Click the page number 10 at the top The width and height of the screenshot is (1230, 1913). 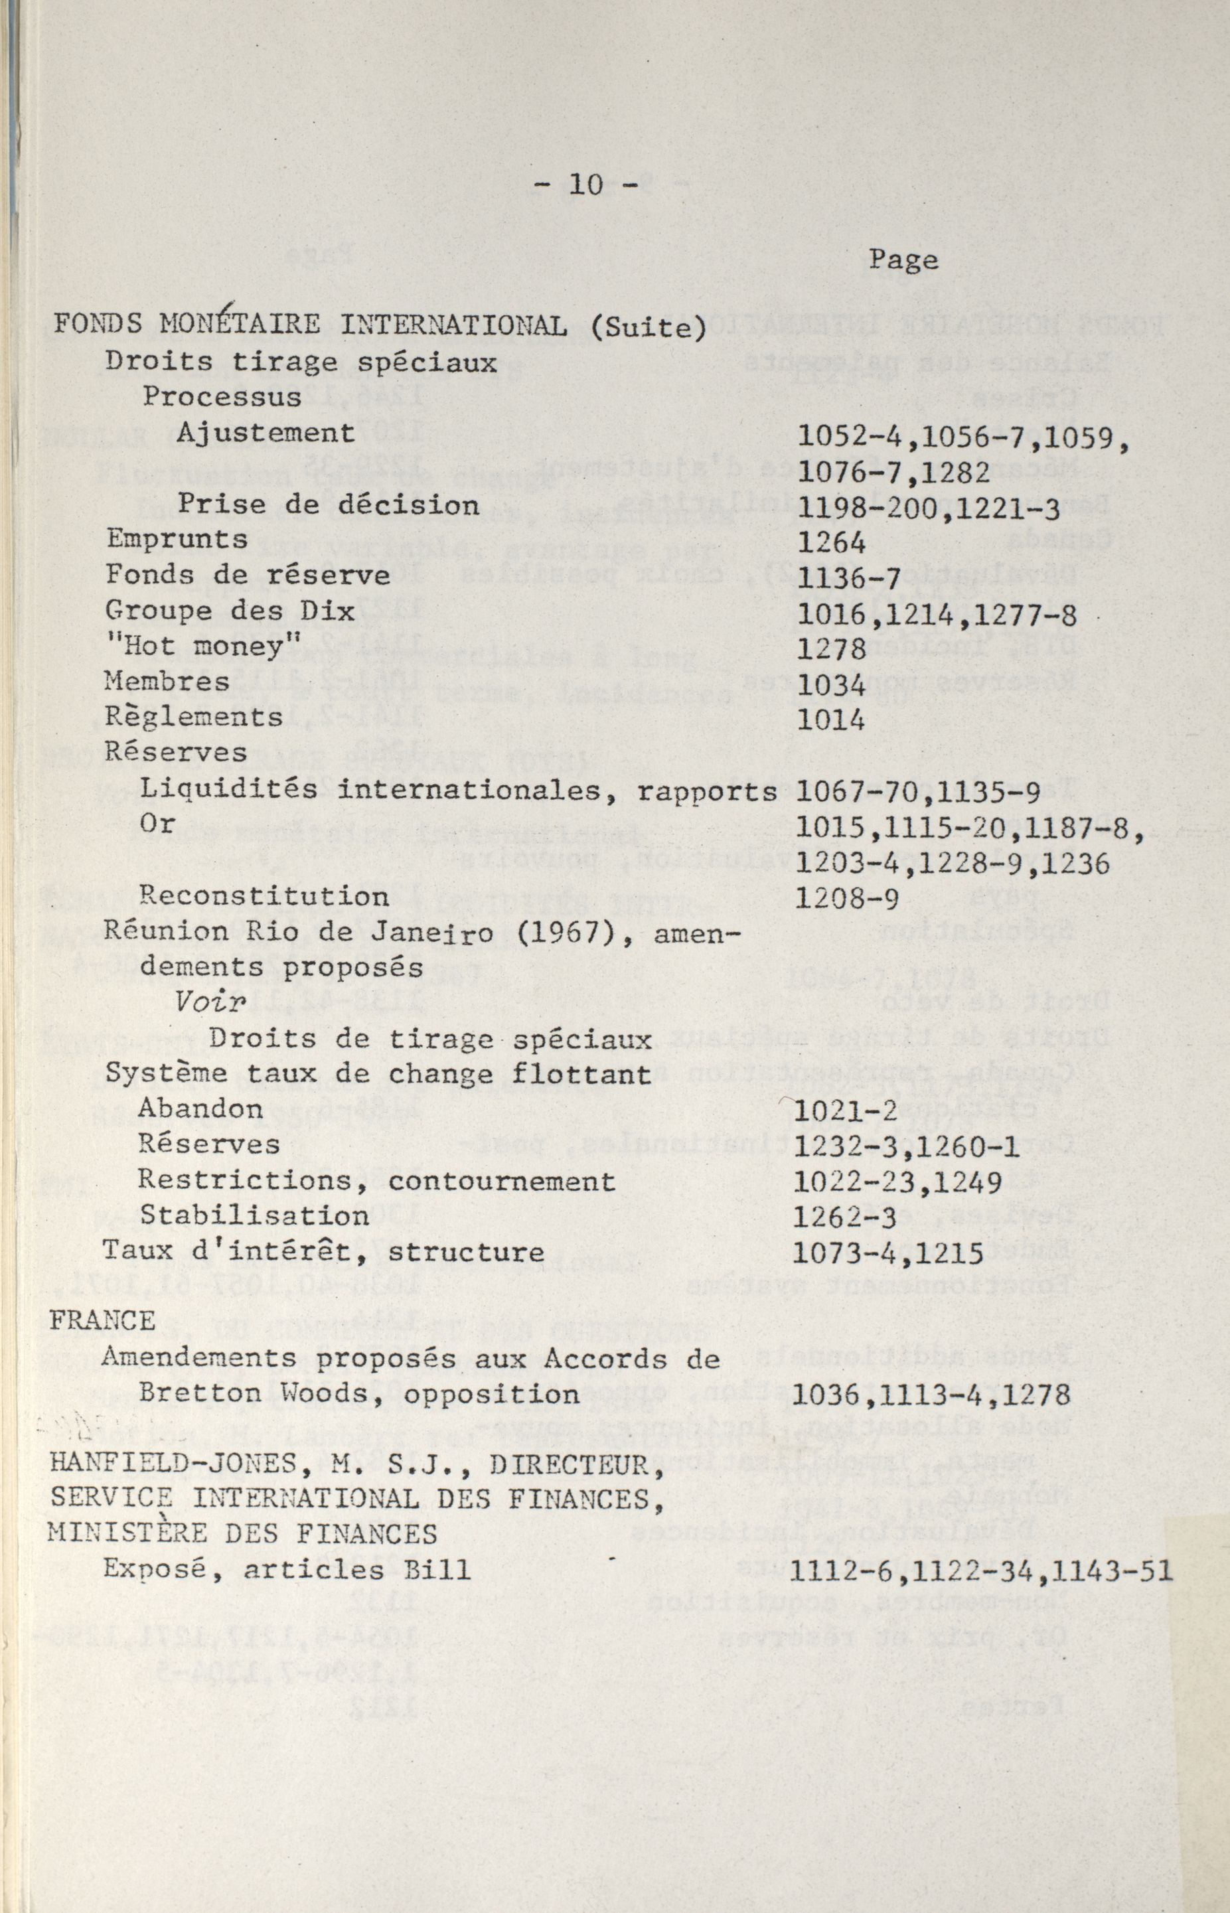tap(585, 185)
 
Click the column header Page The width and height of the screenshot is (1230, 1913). tap(903, 260)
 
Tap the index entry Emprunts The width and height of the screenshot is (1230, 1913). tap(177, 540)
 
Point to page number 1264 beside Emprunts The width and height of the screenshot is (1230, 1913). tap(832, 543)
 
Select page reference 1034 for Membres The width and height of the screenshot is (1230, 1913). tap(832, 684)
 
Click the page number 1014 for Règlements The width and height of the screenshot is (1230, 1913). tap(832, 720)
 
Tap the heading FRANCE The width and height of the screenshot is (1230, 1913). tap(103, 1321)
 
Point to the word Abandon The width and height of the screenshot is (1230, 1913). tap(200, 1109)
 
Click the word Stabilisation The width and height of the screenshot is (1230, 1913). tap(254, 1215)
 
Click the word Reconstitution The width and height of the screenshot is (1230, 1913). tap(264, 895)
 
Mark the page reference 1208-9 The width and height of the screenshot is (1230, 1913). tap(848, 898)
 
